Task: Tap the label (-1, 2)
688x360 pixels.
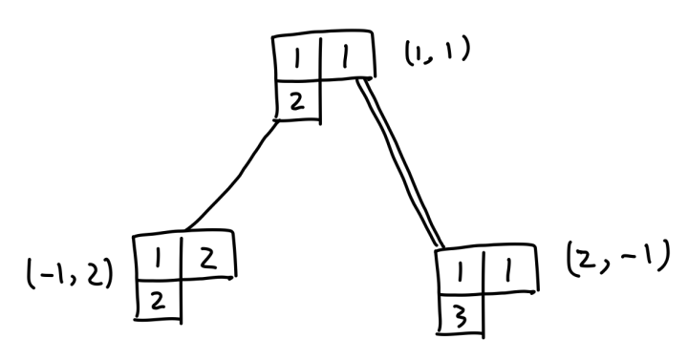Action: (x=70, y=274)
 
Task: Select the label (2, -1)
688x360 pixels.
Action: (x=618, y=259)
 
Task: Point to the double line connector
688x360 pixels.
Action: (x=400, y=162)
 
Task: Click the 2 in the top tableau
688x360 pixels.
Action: (x=297, y=102)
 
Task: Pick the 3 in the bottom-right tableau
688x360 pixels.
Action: (x=461, y=317)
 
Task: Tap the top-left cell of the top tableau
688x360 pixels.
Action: (x=297, y=58)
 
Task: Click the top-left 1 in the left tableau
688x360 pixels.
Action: (x=157, y=260)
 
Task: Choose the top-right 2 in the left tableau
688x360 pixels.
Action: (x=208, y=259)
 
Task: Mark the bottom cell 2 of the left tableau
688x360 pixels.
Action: (x=157, y=302)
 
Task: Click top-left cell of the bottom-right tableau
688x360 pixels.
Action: (x=460, y=272)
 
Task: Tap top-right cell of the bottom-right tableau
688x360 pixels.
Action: (x=510, y=269)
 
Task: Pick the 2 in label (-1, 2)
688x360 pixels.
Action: (x=96, y=274)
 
